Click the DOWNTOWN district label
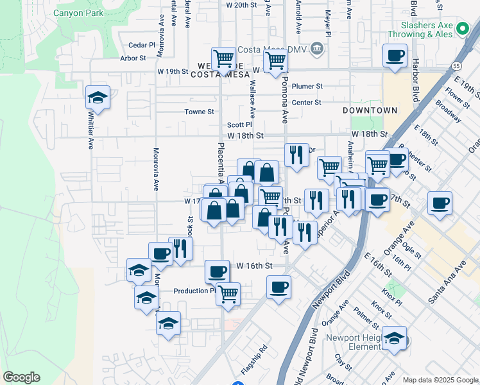(370, 110)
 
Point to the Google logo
(21, 377)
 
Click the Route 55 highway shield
(455, 65)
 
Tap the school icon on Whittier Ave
(98, 98)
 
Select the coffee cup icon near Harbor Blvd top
(394, 56)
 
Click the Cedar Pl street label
(142, 45)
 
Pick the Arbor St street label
(133, 58)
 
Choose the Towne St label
(199, 112)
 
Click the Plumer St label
(307, 86)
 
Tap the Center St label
(306, 102)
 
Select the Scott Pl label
(239, 125)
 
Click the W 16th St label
(255, 265)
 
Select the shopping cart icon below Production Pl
(228, 295)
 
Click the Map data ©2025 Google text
(440, 380)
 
